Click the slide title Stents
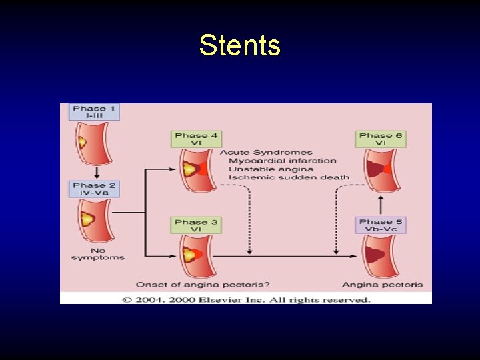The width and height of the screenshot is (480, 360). pyautogui.click(x=240, y=46)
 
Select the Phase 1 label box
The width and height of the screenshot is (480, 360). pyautogui.click(x=94, y=112)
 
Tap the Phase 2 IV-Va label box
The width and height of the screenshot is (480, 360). pyautogui.click(x=94, y=189)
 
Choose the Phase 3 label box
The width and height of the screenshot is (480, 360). pyautogui.click(x=196, y=225)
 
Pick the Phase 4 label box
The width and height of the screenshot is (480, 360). pyautogui.click(x=196, y=139)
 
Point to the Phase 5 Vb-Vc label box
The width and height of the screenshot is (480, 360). pyautogui.click(x=381, y=225)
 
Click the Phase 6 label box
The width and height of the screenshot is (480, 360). pyautogui.click(x=381, y=139)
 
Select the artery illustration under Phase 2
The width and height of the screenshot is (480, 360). pyautogui.click(x=93, y=221)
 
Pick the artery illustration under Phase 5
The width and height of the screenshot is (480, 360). pyautogui.click(x=378, y=256)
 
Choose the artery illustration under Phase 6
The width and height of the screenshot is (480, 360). pyautogui.click(x=378, y=170)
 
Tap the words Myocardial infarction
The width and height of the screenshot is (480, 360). pyautogui.click(x=283, y=161)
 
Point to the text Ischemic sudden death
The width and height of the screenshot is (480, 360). pyautogui.click(x=289, y=178)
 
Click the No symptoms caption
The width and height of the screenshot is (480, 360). pyautogui.click(x=98, y=255)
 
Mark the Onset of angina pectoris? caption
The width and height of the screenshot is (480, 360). pyautogui.click(x=203, y=285)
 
